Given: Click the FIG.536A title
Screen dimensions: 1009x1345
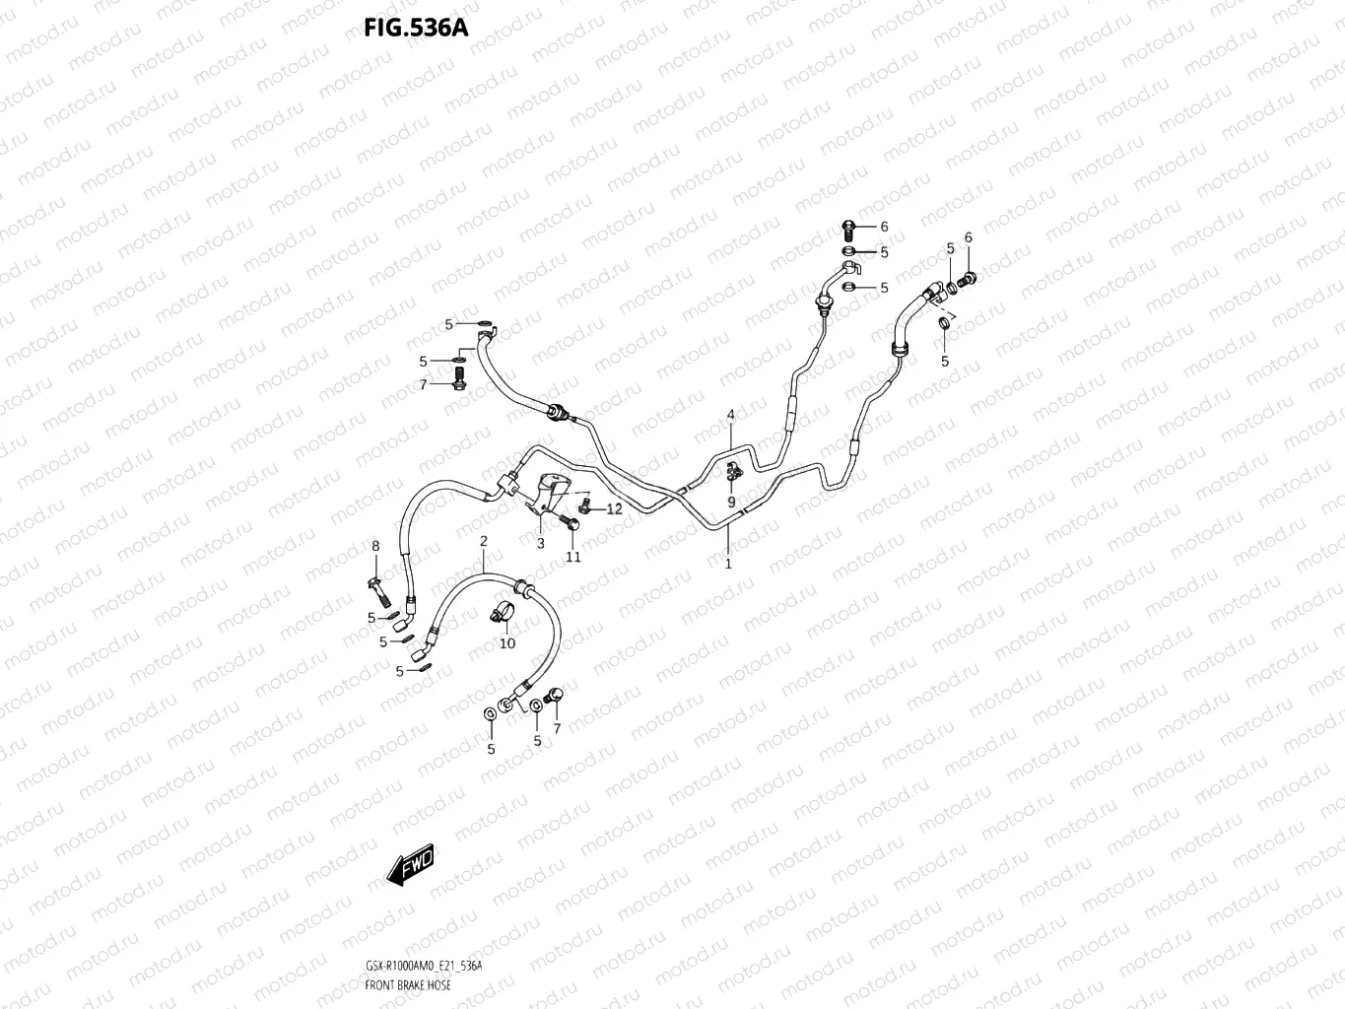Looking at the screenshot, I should pos(415,26).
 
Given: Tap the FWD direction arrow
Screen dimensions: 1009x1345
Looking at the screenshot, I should pos(411,864).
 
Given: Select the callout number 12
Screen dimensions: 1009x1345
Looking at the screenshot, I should pos(614,509).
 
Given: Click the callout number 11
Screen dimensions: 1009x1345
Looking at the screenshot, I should pos(572,557).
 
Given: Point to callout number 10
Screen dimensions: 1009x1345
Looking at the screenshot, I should pos(506,643).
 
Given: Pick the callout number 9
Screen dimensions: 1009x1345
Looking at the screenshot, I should pos(731,502).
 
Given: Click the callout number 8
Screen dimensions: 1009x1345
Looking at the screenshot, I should pos(374,546).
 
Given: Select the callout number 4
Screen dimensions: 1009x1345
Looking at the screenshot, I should pos(731,414).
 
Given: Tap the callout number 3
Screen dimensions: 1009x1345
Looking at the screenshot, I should pos(540,543).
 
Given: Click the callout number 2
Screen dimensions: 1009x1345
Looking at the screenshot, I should pos(483,541).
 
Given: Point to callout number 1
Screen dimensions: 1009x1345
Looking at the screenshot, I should pos(728,564).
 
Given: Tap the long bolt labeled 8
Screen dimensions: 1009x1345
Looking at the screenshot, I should pos(378,587).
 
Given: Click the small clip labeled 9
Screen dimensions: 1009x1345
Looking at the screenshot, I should pos(732,472).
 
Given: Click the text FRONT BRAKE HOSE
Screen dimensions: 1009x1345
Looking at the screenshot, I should pos(408,985).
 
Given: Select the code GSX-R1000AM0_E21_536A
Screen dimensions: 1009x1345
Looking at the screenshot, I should pos(423,967).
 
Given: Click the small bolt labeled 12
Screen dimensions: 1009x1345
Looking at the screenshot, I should pos(584,506).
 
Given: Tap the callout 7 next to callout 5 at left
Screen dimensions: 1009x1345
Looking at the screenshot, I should pos(424,385).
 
